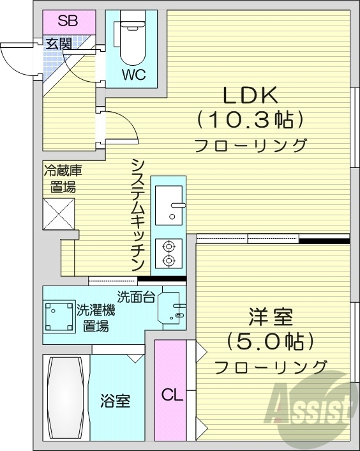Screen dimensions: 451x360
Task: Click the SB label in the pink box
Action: pos(68,21)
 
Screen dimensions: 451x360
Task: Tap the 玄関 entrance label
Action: pos(58,44)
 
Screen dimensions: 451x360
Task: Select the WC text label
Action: pos(134,75)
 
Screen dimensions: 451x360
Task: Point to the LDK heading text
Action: pos(249,96)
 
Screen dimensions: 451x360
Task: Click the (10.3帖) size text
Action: pos(249,119)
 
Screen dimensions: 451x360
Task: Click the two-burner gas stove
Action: pos(169,252)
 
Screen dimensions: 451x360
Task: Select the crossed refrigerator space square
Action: pos(59,213)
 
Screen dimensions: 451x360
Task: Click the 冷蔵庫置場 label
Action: pos(63,179)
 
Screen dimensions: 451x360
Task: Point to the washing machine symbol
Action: pos(59,314)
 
